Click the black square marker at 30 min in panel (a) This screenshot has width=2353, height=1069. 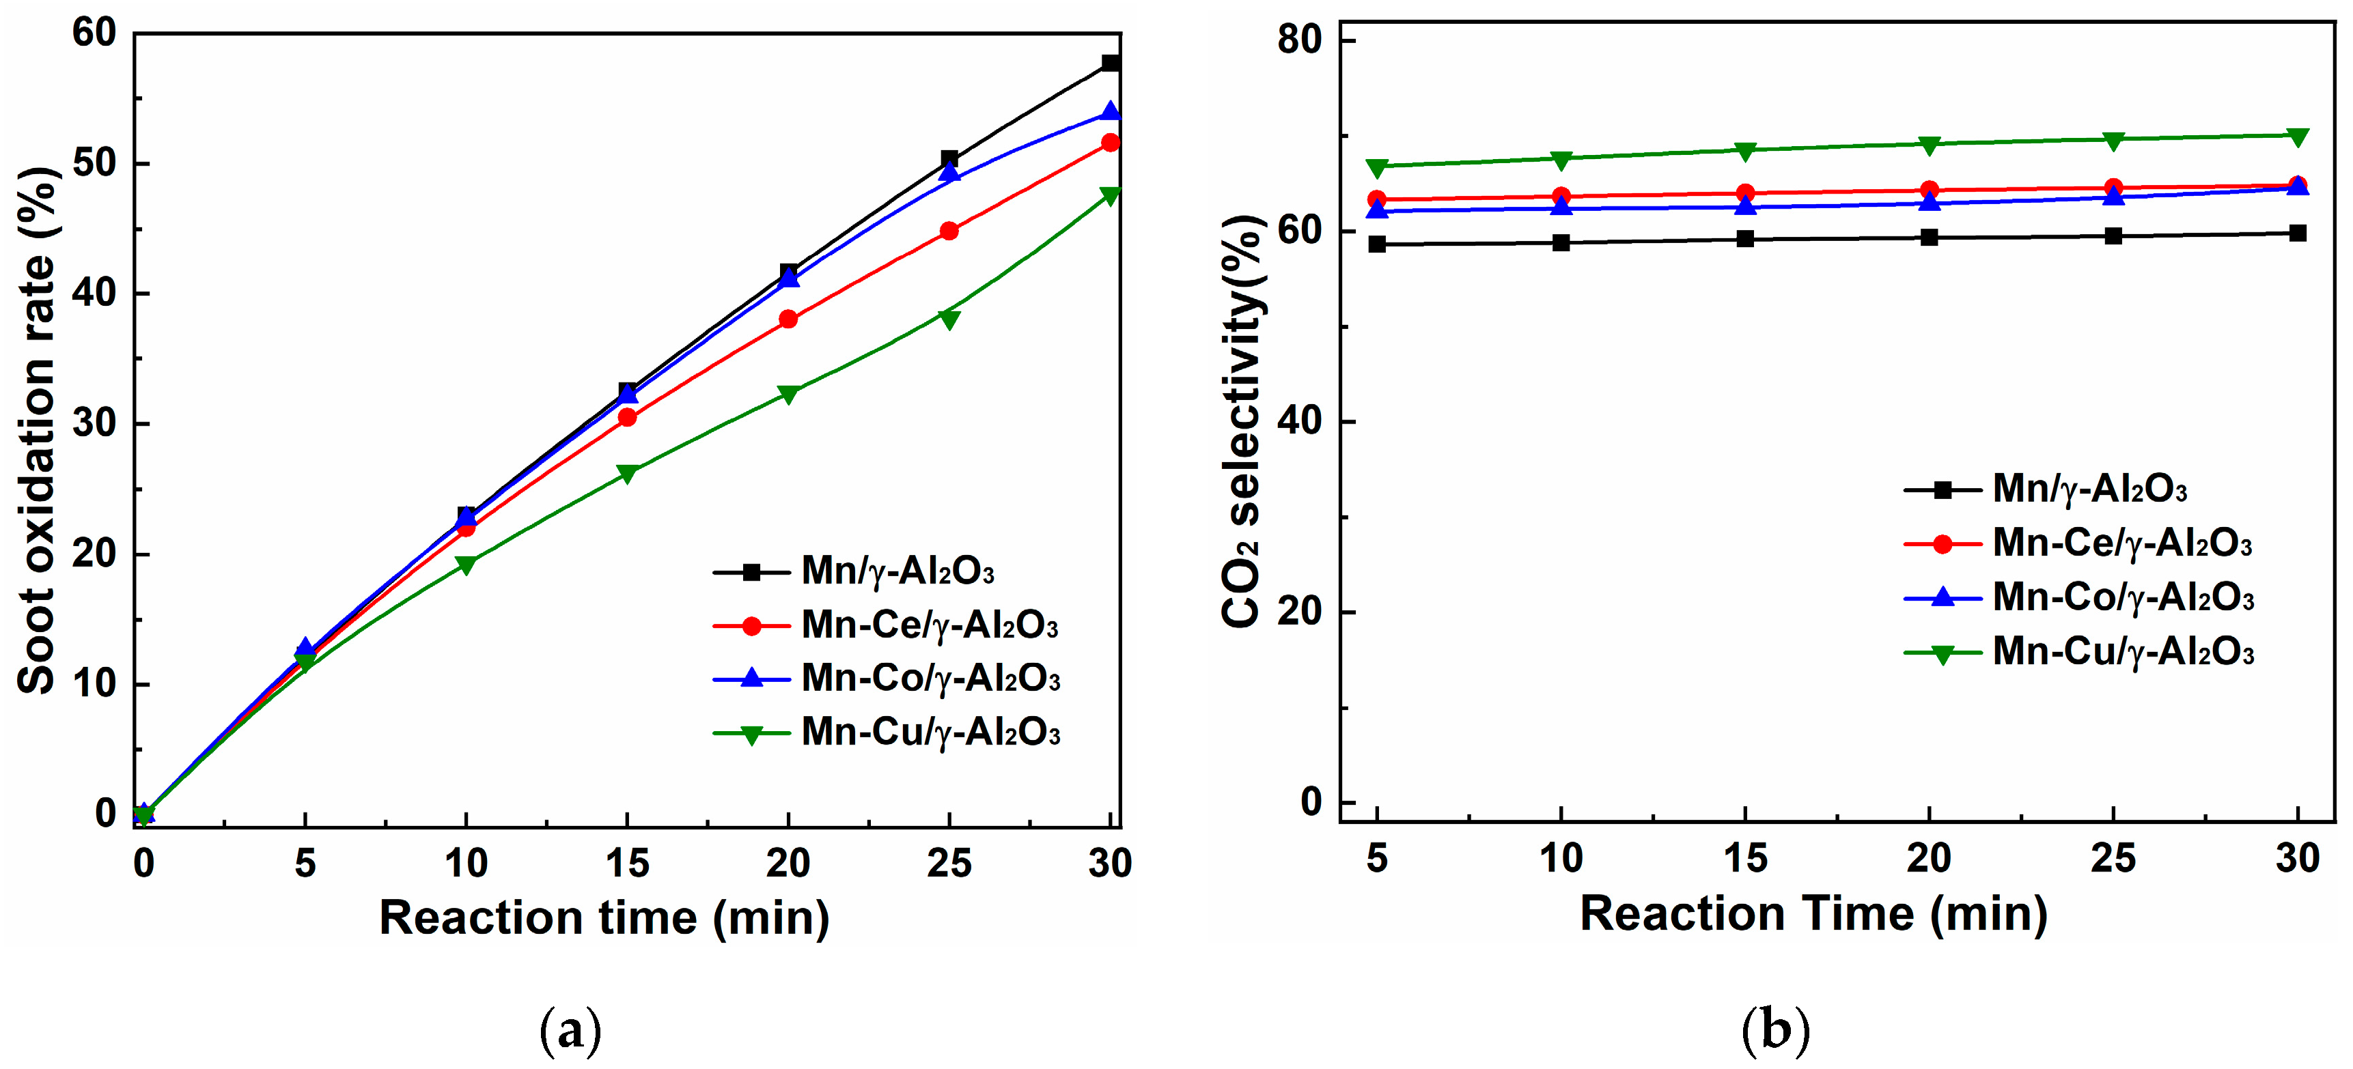1110,63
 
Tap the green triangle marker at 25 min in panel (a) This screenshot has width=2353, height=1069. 949,319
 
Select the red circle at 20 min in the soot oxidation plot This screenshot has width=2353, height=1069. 788,319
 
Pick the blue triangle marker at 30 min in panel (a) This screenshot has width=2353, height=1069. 1110,112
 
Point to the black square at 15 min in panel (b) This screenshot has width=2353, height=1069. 1744,239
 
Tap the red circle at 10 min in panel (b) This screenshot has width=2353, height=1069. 1561,197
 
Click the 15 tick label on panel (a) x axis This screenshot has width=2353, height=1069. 628,864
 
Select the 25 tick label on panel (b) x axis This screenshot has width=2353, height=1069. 2113,859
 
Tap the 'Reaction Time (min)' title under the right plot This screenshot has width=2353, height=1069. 1813,914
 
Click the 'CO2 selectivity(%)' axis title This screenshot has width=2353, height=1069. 1242,422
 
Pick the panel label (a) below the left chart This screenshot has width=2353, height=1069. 572,1031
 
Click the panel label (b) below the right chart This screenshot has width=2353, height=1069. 1774,1031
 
